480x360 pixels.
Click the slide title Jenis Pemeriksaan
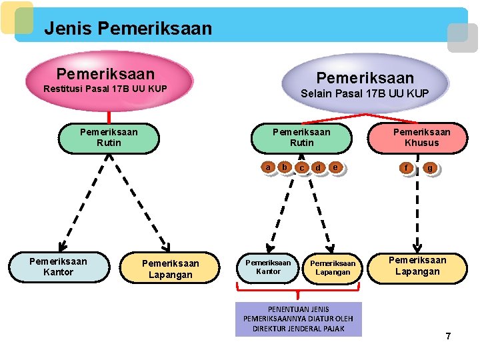(x=127, y=29)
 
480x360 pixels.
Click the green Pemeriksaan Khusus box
(x=421, y=137)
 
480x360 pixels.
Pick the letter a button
(x=268, y=167)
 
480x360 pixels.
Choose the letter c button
(x=302, y=168)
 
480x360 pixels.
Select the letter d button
(x=318, y=167)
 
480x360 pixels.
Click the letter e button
(x=335, y=167)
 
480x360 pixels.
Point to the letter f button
(x=406, y=168)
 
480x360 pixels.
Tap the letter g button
(x=430, y=168)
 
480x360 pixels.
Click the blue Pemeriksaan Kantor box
(x=58, y=267)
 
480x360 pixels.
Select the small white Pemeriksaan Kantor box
(x=269, y=267)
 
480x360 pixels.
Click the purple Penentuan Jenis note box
(x=298, y=319)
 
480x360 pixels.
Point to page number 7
(x=448, y=336)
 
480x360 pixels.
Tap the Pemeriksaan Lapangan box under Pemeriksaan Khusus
(x=417, y=266)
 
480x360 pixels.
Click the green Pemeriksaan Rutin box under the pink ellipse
(x=109, y=137)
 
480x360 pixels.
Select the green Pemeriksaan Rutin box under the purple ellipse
(x=301, y=137)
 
